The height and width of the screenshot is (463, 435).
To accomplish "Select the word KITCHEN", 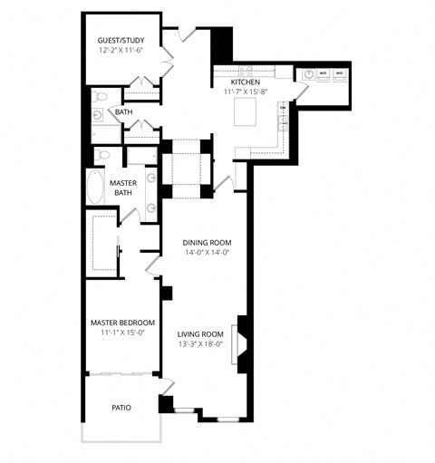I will [x=245, y=82].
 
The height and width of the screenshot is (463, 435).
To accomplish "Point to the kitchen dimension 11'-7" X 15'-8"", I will [x=245, y=92].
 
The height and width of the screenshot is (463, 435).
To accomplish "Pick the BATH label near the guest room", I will [x=124, y=111].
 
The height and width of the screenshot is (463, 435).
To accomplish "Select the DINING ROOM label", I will [x=208, y=242].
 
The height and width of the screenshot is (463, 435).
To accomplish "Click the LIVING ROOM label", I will [x=200, y=333].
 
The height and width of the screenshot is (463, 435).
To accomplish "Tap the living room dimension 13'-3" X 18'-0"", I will [x=200, y=343].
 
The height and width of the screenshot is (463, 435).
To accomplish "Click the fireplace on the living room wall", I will [x=241, y=341].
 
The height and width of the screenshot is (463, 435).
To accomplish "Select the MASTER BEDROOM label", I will [x=122, y=323].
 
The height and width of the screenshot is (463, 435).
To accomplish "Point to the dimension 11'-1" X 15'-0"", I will [x=122, y=333].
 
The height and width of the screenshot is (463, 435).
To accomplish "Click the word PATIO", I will [x=121, y=408].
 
